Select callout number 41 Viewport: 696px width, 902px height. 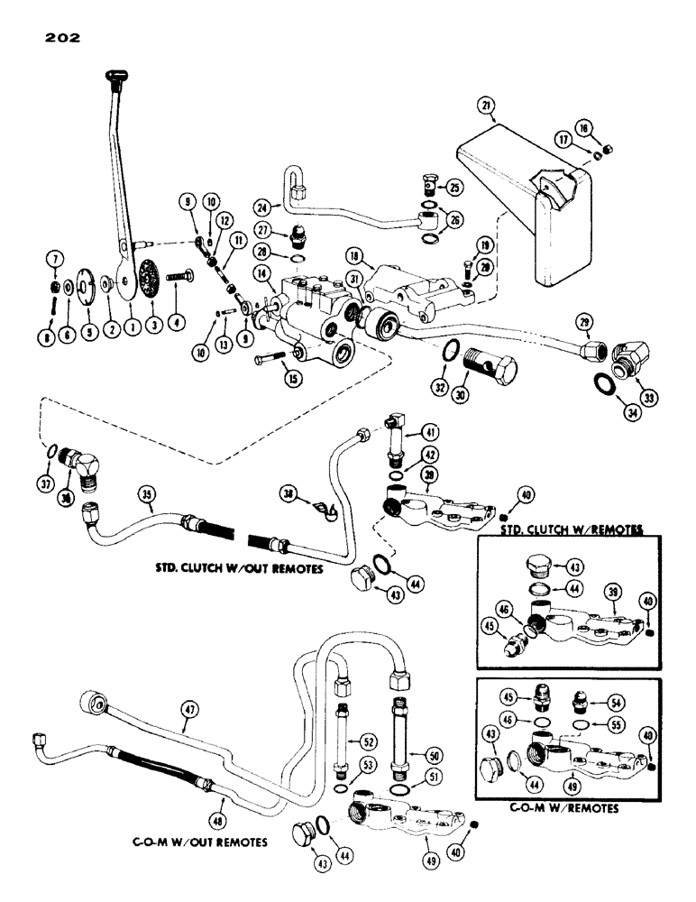click(x=438, y=432)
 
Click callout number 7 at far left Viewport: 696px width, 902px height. click(x=55, y=260)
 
